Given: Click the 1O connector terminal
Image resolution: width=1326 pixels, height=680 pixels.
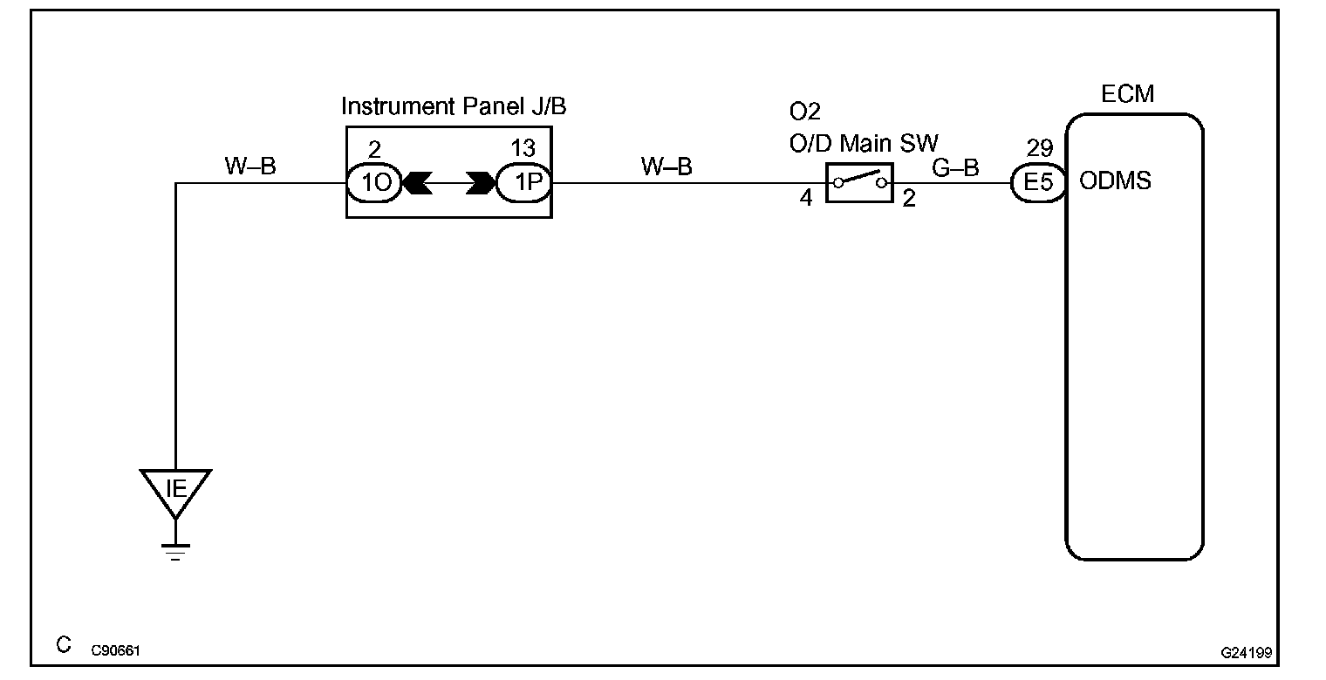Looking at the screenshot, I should [x=374, y=184].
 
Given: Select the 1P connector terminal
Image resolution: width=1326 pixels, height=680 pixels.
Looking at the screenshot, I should [x=523, y=184].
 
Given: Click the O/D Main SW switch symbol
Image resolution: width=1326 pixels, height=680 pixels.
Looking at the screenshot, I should [x=858, y=183].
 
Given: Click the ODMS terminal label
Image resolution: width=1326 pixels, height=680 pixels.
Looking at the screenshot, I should [x=1116, y=181].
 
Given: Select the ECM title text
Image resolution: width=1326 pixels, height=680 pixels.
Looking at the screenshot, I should [x=1127, y=94].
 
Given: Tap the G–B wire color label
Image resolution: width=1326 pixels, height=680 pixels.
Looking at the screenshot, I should [x=955, y=167].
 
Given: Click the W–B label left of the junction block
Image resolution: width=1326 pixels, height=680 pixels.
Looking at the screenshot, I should [x=250, y=167].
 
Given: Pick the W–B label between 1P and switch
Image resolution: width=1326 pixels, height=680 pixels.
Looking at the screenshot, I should [x=666, y=167].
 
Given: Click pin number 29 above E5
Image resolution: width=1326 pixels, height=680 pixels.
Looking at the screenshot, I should [x=1040, y=148].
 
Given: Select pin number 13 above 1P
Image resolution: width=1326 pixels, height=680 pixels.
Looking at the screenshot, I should [x=523, y=148].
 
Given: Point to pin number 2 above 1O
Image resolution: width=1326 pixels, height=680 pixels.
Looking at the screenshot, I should [x=375, y=148].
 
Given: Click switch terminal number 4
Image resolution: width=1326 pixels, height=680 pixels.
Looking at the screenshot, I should [x=806, y=199].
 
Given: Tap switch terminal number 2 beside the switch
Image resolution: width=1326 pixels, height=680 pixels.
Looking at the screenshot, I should [x=909, y=199].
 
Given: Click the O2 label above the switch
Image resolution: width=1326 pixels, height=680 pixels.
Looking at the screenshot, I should [x=804, y=112].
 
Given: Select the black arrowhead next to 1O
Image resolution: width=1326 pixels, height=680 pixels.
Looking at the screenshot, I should [x=418, y=184].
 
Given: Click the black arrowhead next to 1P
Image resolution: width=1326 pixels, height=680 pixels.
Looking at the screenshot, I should [x=481, y=184].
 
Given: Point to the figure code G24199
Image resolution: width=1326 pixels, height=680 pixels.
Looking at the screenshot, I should [x=1251, y=651].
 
